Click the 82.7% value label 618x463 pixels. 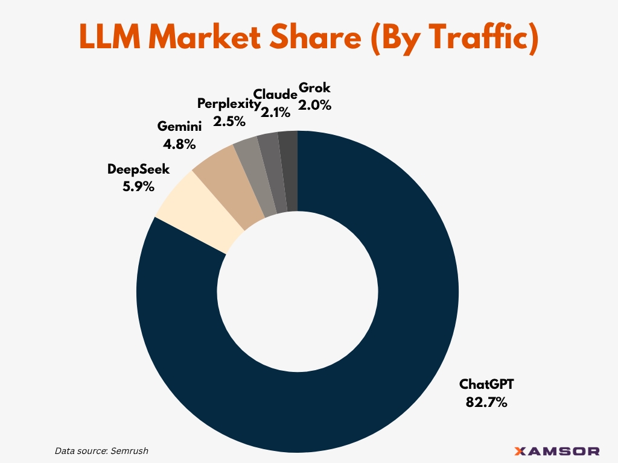[486, 402]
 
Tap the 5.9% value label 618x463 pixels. [138, 186]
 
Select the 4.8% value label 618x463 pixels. [179, 144]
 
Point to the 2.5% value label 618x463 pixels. [229, 121]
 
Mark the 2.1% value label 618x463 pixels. [275, 113]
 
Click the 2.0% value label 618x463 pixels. [314, 105]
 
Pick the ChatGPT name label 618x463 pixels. [486, 384]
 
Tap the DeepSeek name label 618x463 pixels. [138, 169]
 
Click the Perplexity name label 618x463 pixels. [229, 104]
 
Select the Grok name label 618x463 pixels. [314, 87]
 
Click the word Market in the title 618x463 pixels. [205, 37]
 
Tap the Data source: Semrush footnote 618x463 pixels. [101, 451]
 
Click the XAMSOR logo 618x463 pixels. [557, 451]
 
